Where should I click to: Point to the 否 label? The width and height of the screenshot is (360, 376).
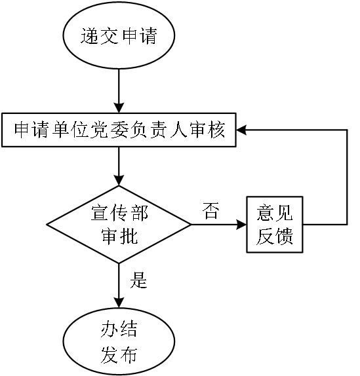211,210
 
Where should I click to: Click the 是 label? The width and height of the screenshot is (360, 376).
138,280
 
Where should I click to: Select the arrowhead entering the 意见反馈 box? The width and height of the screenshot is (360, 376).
241,225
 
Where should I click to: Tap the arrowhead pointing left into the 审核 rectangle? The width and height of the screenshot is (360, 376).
241,130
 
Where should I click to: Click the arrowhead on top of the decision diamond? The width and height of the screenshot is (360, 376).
119,181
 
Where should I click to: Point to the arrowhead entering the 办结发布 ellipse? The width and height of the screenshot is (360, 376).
119,303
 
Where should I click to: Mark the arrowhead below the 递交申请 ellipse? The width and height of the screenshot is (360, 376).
119,108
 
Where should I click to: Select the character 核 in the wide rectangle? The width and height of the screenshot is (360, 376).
216,130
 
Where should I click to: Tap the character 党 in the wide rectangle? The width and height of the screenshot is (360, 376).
98,130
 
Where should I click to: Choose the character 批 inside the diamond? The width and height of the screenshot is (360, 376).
129,236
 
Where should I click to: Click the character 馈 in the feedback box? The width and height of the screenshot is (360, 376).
284,236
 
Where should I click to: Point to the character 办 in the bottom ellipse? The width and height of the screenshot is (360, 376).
110,329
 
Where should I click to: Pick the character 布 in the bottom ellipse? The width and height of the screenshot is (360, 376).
129,355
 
